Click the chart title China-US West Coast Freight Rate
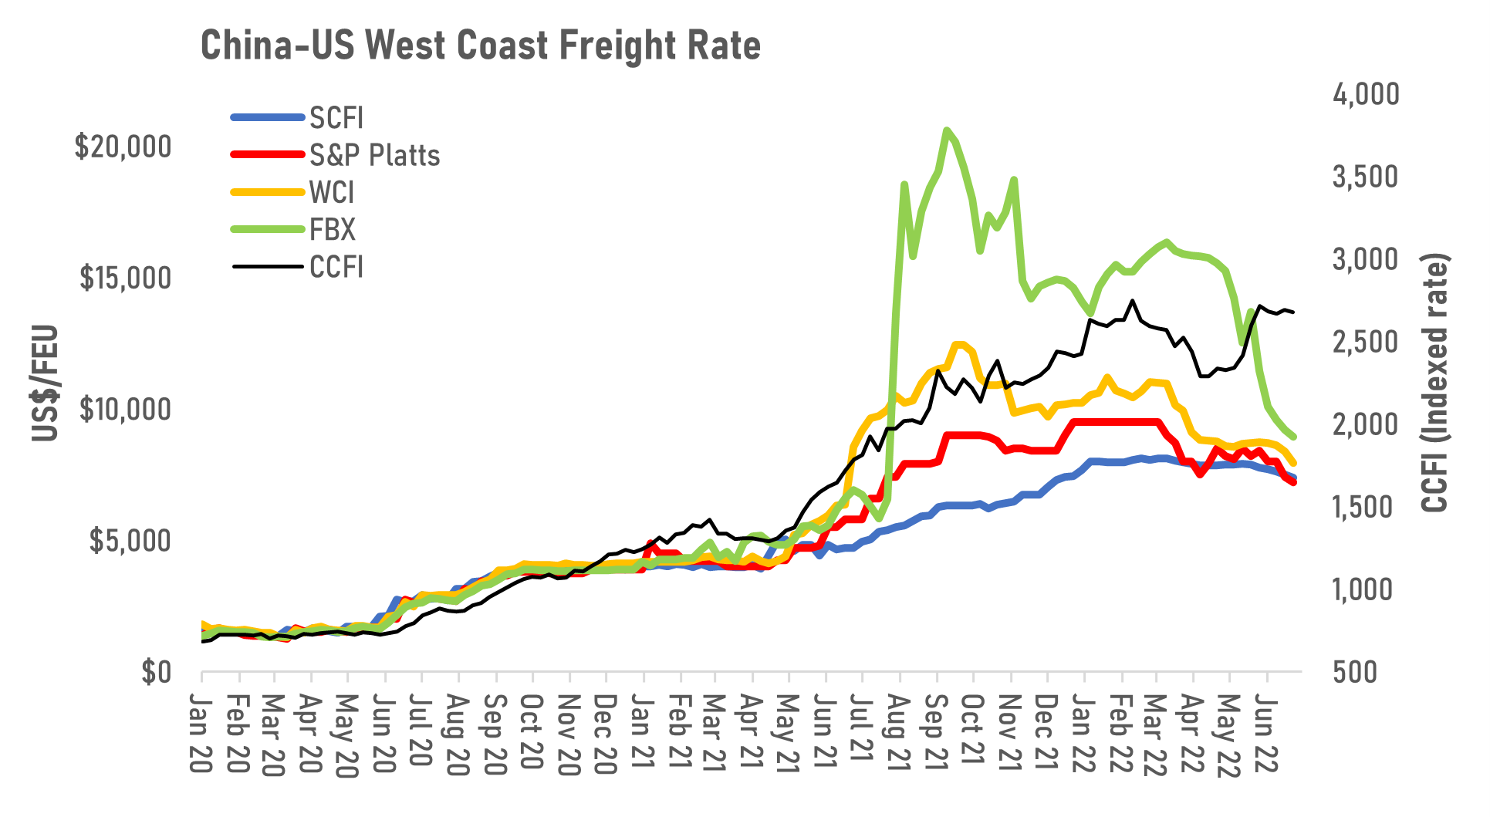[x=480, y=46]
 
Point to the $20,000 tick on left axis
[x=123, y=147]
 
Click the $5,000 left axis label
[x=130, y=542]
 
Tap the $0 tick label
[x=155, y=673]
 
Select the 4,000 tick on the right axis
[x=1365, y=94]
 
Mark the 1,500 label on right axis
[x=1365, y=507]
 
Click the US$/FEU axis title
[x=46, y=383]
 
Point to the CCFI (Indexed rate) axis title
[x=1435, y=383]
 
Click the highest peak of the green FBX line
[x=947, y=130]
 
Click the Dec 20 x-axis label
[x=606, y=733]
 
